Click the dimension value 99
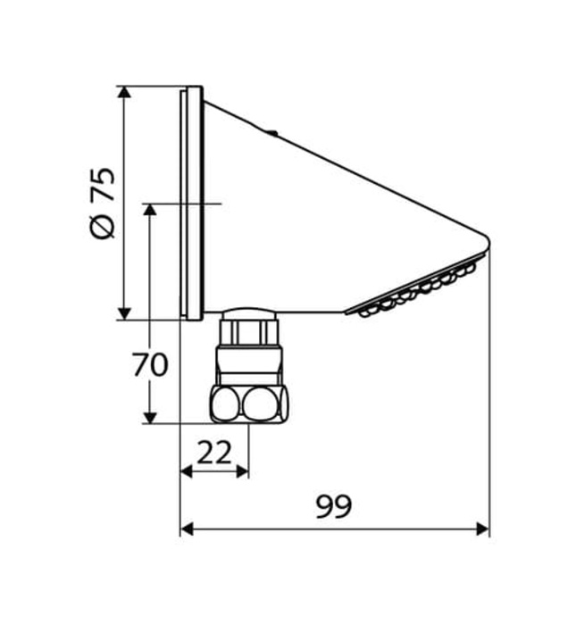click(x=333, y=507)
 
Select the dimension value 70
click(x=149, y=366)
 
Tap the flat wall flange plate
click(x=193, y=203)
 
